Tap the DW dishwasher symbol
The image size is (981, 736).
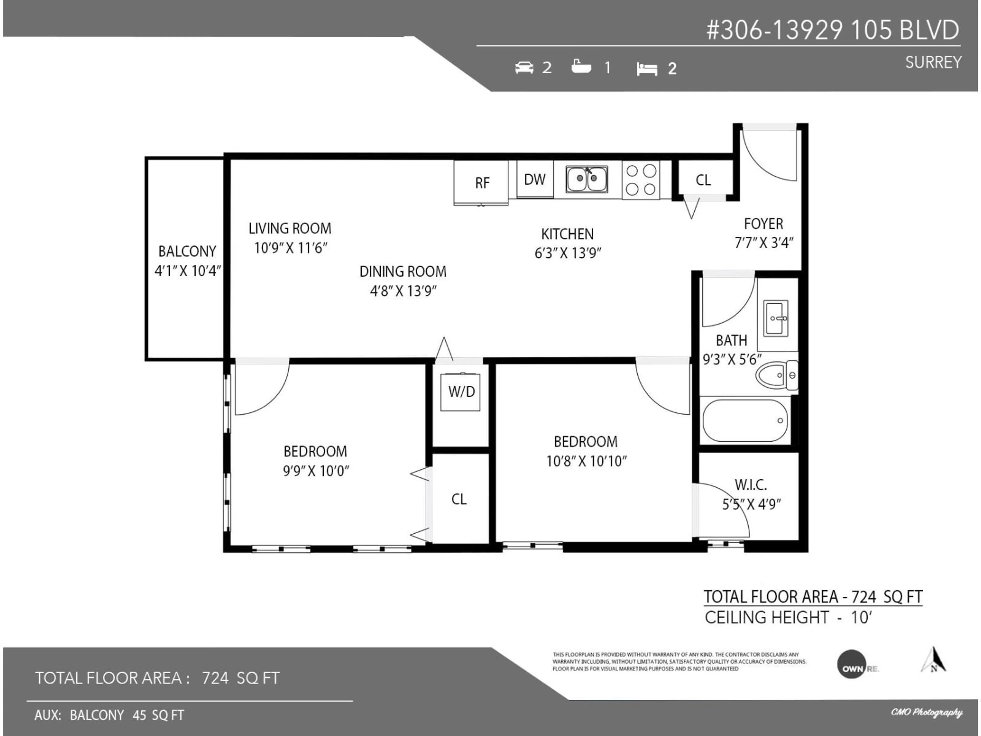[535, 179]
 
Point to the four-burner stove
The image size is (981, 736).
[640, 180]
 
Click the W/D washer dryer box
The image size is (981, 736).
[460, 392]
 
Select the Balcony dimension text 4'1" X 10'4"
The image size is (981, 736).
[188, 271]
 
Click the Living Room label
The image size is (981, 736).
[290, 228]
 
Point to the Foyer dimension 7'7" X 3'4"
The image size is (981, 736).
[764, 243]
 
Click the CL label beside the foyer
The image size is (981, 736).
[703, 180]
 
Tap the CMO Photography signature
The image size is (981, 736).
[926, 712]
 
